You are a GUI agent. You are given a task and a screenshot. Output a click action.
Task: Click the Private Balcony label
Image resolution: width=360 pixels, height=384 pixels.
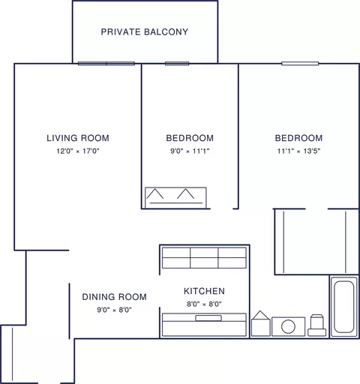click(x=145, y=32)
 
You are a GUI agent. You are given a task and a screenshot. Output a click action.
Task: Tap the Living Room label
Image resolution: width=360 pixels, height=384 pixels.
click(x=78, y=138)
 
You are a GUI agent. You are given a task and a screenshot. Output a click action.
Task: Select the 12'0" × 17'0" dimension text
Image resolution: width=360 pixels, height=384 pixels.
click(x=78, y=151)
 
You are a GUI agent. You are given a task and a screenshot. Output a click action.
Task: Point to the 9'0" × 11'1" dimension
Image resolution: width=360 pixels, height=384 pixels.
click(x=190, y=151)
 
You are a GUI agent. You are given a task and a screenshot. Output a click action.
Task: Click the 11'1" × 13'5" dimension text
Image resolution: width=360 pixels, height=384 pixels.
click(x=298, y=151)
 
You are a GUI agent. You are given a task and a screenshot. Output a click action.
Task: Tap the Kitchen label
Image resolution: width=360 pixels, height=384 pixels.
click(x=204, y=291)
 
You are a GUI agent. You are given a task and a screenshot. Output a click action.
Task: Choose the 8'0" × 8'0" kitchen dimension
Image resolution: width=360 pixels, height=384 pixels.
click(x=204, y=304)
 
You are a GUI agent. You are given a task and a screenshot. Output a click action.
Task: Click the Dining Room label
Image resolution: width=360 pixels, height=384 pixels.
click(x=115, y=297)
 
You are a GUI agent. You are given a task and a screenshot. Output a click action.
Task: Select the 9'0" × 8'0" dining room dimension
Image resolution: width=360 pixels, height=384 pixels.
click(x=115, y=310)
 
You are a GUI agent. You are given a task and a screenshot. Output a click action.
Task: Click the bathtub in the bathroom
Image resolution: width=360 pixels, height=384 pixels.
click(x=344, y=307)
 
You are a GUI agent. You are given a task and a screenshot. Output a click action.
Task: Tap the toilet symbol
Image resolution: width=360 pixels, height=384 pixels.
click(x=317, y=325)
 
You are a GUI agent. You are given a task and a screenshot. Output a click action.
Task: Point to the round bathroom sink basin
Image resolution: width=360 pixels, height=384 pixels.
click(x=288, y=326)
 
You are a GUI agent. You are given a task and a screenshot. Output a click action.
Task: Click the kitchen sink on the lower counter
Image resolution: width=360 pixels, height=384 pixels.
click(x=208, y=318)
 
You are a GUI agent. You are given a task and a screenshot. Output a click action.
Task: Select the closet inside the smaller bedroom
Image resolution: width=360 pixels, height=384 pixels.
click(x=175, y=198)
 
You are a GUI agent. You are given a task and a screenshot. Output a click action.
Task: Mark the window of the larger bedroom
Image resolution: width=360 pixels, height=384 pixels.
click(x=300, y=64)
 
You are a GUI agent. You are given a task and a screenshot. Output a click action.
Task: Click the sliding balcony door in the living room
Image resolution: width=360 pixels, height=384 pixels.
click(x=106, y=64)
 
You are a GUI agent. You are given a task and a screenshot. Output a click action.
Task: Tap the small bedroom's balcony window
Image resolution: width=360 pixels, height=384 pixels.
click(x=177, y=64)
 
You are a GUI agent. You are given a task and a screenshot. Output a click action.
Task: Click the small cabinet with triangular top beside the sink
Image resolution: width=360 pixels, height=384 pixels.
click(x=261, y=323)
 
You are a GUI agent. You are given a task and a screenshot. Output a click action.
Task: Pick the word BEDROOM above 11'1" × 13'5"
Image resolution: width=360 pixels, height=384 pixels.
click(x=298, y=138)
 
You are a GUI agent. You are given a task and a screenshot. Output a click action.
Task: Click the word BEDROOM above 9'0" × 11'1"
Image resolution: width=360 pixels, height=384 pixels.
click(x=190, y=138)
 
